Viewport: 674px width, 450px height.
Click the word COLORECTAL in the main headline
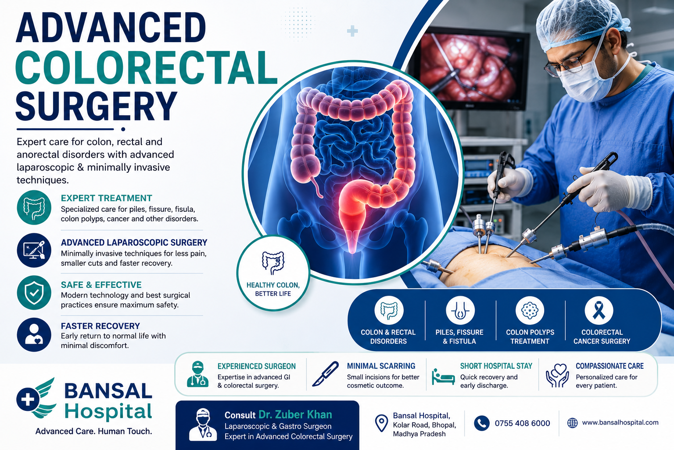pyautogui.click(x=146, y=68)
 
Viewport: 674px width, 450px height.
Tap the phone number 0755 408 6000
pyautogui.click(x=522, y=423)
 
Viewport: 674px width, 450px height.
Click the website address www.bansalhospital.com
pyautogui.click(x=620, y=423)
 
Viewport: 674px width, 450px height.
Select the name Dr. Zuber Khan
pyautogui.click(x=295, y=415)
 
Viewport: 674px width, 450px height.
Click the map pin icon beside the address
pyautogui.click(x=381, y=423)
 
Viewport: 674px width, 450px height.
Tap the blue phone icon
pyautogui.click(x=482, y=423)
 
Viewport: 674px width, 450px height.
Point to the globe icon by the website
pyautogui.click(x=572, y=423)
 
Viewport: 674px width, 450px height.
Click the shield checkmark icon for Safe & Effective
pyautogui.click(x=34, y=293)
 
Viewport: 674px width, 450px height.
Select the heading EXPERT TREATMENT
pyautogui.click(x=107, y=198)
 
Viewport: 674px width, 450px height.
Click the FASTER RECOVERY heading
pyautogui.click(x=100, y=326)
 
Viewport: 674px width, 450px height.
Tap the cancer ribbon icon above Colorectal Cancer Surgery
pyautogui.click(x=599, y=310)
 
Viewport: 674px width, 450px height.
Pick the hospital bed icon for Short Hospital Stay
pyautogui.click(x=443, y=377)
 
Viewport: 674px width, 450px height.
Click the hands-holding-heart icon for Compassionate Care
pyautogui.click(x=557, y=375)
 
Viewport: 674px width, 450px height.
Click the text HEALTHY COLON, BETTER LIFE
pyautogui.click(x=273, y=289)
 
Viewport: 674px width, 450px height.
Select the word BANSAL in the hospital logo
pyautogui.click(x=108, y=391)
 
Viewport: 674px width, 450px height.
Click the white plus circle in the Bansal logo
pyautogui.click(x=28, y=399)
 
